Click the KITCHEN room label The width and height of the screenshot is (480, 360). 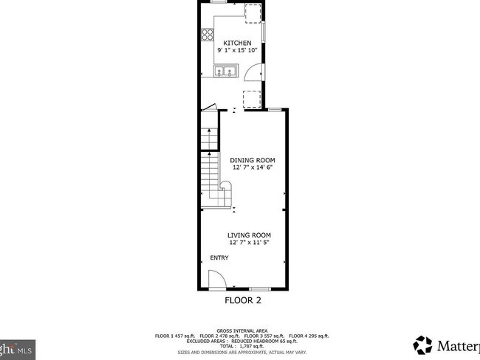(x=238, y=43)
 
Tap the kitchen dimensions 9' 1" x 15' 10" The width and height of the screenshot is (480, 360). (x=238, y=50)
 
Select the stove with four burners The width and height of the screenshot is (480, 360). (x=206, y=34)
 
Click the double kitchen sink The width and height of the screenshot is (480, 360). (x=225, y=72)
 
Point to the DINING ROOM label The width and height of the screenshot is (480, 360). (x=253, y=159)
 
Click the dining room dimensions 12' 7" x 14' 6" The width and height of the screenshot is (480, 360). (x=253, y=167)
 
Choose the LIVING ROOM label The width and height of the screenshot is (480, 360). (x=250, y=235)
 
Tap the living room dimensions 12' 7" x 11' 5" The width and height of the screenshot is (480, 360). (x=250, y=243)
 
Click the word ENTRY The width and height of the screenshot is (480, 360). (x=219, y=257)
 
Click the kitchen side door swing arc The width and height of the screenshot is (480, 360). (x=252, y=72)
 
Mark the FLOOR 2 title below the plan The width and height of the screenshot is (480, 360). (x=243, y=300)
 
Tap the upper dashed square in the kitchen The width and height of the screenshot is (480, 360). (x=253, y=13)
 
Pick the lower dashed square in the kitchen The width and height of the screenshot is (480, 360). (x=253, y=98)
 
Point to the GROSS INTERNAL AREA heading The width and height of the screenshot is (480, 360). (x=242, y=330)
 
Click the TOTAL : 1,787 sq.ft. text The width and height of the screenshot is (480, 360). (x=242, y=346)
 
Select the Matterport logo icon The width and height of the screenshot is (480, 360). (x=423, y=345)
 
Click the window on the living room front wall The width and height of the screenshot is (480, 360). (x=259, y=288)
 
